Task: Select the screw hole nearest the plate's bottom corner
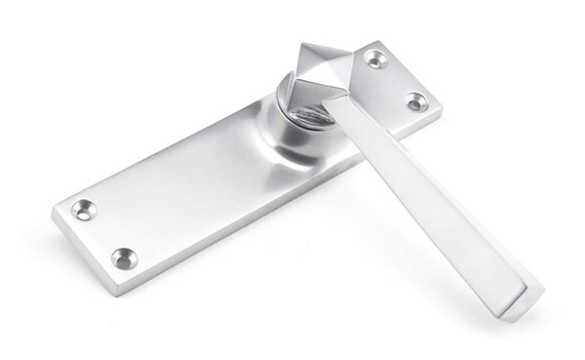pyautogui.click(x=123, y=258)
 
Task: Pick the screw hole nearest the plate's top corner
pyautogui.click(x=375, y=59)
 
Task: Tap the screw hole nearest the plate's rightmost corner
pyautogui.click(x=416, y=100)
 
